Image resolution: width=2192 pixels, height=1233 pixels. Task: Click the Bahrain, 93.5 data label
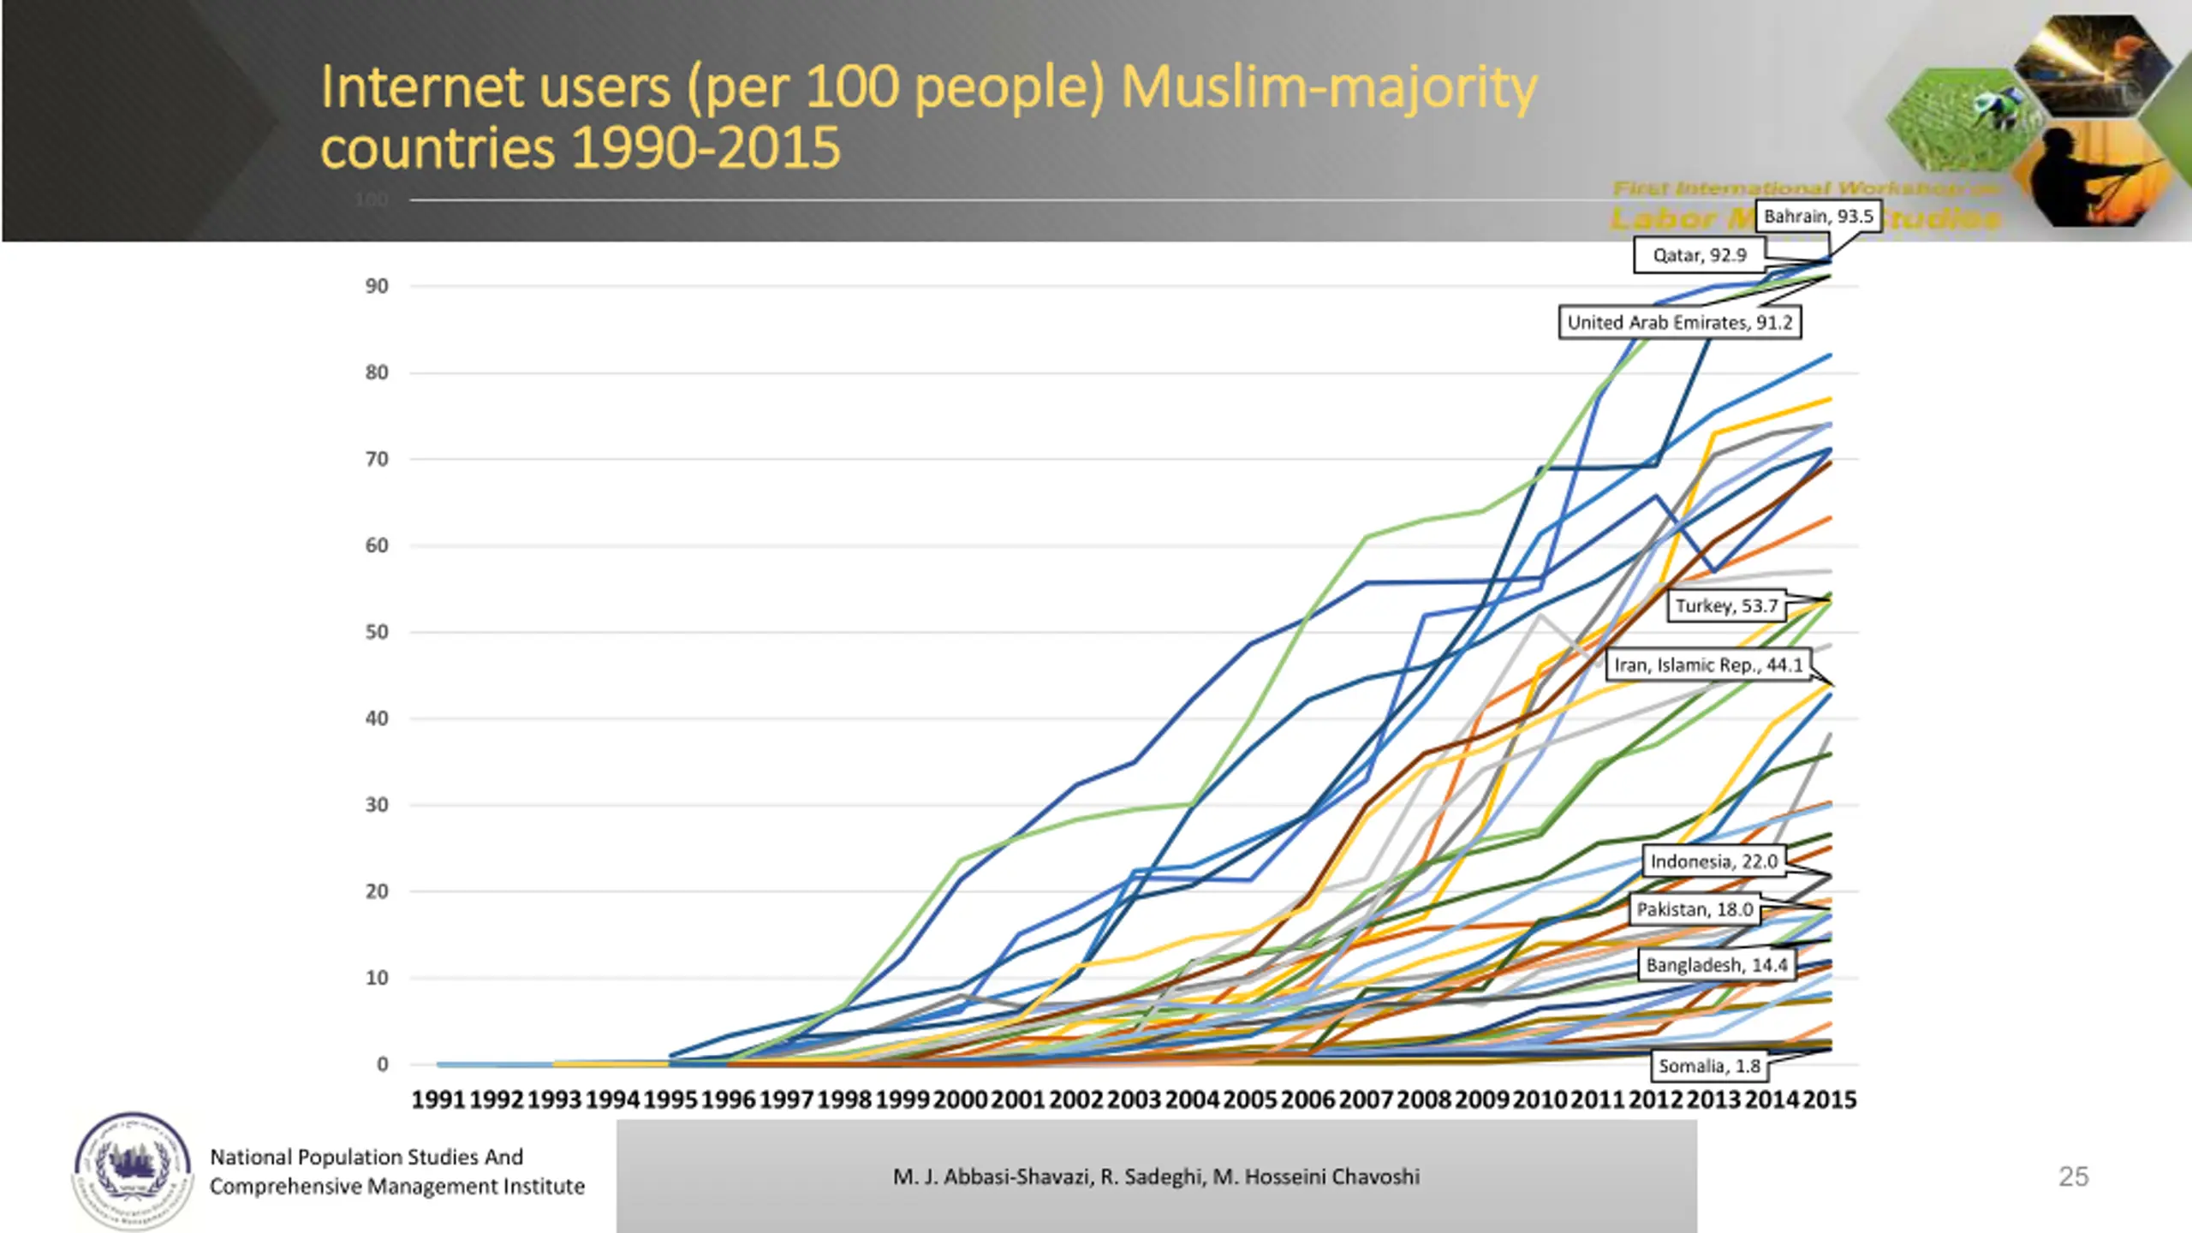click(1818, 217)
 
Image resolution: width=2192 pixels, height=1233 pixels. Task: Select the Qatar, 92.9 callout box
click(1699, 255)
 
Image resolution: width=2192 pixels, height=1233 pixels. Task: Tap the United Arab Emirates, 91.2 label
click(1679, 323)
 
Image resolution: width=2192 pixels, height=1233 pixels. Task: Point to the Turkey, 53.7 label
click(1726, 606)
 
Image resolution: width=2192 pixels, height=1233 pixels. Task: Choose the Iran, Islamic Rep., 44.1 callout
click(1708, 665)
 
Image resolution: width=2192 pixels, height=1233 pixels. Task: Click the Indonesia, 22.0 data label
click(1713, 861)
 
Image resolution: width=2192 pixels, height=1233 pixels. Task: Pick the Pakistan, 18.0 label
click(1695, 909)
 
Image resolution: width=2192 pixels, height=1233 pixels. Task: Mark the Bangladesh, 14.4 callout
click(1716, 966)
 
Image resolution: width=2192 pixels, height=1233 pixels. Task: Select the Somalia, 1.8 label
click(1709, 1066)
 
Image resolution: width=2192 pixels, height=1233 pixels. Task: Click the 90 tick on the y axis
click(377, 287)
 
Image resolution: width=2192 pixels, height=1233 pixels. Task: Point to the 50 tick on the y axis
click(377, 633)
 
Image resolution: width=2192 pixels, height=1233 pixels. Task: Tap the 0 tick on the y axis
click(382, 1064)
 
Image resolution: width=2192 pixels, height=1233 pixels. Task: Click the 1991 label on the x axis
click(438, 1100)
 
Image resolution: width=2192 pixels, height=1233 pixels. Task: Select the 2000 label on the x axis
click(960, 1100)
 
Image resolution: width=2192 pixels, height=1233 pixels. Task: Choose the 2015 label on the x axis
click(1830, 1100)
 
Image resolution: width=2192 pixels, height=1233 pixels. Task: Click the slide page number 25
click(2073, 1177)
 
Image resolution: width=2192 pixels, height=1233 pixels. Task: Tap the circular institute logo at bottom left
click(132, 1170)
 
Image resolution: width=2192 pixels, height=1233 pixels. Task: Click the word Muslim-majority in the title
click(1329, 88)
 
